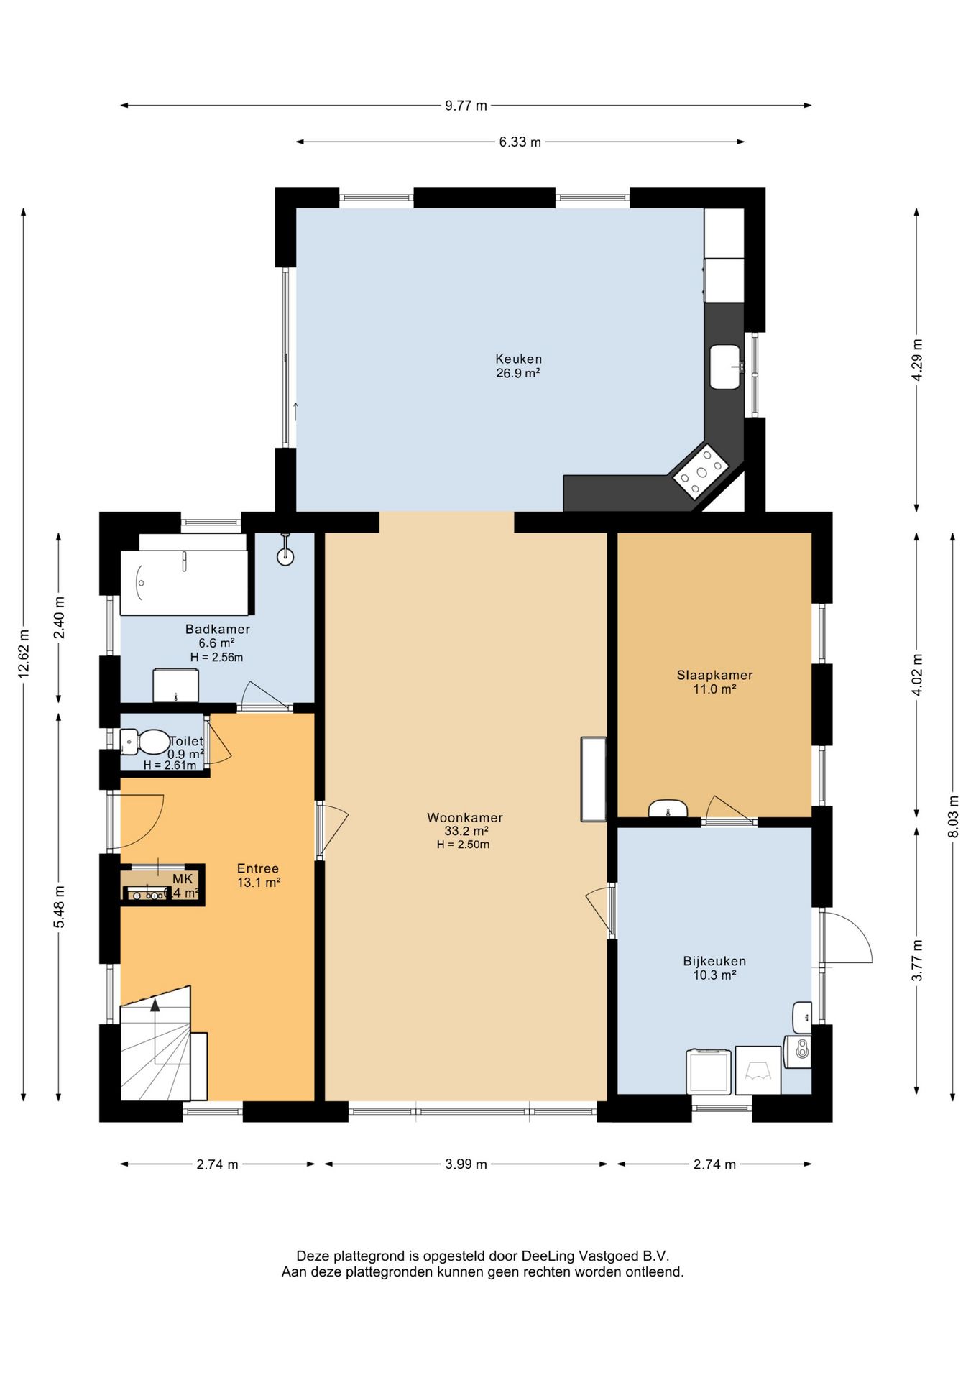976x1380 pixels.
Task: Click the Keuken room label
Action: pyautogui.click(x=518, y=359)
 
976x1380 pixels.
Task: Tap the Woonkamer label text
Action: pyautogui.click(x=465, y=817)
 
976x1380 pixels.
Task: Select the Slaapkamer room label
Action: pyautogui.click(x=714, y=675)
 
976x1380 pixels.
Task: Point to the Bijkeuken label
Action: pyautogui.click(x=714, y=961)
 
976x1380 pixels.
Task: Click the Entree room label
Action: pyautogui.click(x=258, y=868)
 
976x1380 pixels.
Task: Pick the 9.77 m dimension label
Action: pyautogui.click(x=466, y=106)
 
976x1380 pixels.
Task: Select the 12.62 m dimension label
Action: pyautogui.click(x=24, y=653)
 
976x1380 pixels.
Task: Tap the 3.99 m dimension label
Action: pyautogui.click(x=466, y=1164)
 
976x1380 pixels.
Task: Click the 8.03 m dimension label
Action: pyautogui.click(x=953, y=816)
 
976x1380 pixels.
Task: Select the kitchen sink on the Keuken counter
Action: pyautogui.click(x=725, y=367)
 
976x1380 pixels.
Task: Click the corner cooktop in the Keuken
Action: pyautogui.click(x=701, y=472)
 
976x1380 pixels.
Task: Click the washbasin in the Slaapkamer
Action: pyautogui.click(x=668, y=808)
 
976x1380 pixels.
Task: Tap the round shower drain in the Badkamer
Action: pyautogui.click(x=286, y=556)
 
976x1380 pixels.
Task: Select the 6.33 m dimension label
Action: pyautogui.click(x=520, y=142)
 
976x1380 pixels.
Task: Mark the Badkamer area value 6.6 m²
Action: pyautogui.click(x=216, y=643)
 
